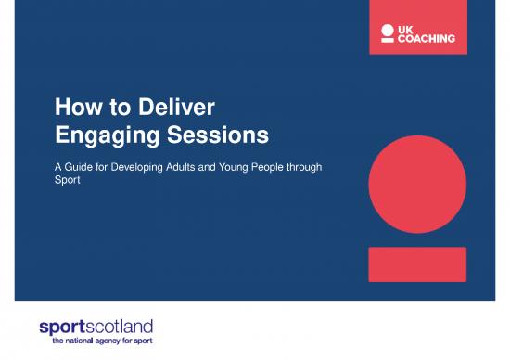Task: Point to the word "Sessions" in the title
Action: [217, 137]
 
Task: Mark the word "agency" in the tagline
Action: [117, 341]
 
